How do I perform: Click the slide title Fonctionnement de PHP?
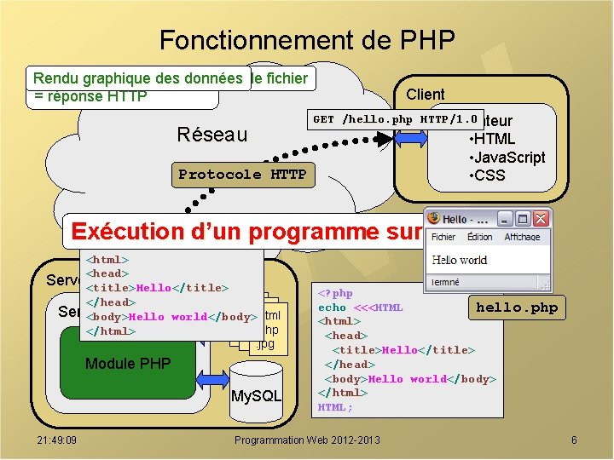click(307, 40)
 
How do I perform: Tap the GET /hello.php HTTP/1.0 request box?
click(396, 120)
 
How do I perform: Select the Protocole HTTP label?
click(242, 175)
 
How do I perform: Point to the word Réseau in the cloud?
click(211, 135)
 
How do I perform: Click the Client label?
click(425, 94)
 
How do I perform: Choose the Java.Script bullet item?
click(507, 158)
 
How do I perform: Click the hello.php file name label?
click(517, 308)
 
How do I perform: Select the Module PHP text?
click(128, 364)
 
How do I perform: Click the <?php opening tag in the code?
click(335, 293)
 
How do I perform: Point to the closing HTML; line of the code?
click(335, 407)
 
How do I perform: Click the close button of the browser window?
click(541, 218)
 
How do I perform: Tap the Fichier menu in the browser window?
click(443, 238)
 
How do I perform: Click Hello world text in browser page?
click(459, 260)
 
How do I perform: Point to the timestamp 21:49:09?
click(57, 440)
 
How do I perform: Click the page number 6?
click(574, 440)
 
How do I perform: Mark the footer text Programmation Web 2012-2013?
click(307, 440)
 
